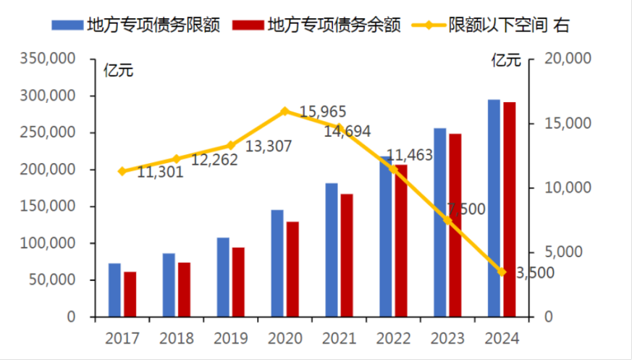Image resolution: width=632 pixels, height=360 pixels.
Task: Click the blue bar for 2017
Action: point(114,290)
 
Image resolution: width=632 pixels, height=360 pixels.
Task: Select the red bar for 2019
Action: point(238,282)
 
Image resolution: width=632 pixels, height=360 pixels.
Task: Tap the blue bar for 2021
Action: point(332,250)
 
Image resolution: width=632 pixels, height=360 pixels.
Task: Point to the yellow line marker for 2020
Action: point(285,111)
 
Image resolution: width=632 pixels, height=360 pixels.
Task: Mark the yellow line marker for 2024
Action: point(502,272)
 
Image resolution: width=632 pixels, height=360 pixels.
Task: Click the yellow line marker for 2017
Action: point(122,172)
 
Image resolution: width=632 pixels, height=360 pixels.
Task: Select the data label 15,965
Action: point(323,112)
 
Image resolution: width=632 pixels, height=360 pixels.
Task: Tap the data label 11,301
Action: point(160,172)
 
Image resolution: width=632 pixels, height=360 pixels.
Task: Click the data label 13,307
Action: point(269,146)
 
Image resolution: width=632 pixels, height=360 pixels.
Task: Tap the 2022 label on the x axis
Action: point(393,338)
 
